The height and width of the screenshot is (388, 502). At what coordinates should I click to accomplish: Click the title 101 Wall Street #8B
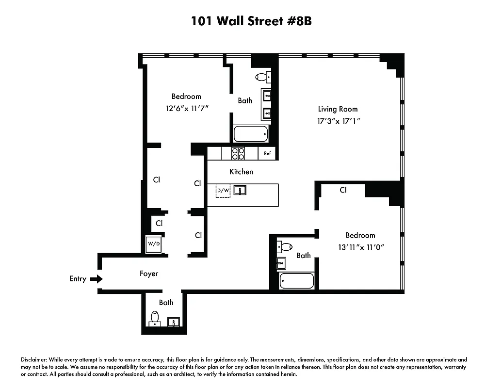(x=251, y=21)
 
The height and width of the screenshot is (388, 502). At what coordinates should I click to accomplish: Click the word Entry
(x=78, y=279)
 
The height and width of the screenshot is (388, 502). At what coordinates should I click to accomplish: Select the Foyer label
(x=149, y=274)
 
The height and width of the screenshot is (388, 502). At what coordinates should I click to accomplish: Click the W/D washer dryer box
(x=154, y=244)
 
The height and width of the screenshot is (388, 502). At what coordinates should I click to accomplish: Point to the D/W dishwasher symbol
(x=223, y=191)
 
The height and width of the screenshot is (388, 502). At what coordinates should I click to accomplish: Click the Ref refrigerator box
(x=267, y=153)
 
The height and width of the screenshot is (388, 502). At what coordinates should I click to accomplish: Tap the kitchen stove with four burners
(x=238, y=153)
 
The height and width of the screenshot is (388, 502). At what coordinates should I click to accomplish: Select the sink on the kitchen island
(x=240, y=190)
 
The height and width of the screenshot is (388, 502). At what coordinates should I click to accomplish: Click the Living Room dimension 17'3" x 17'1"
(x=338, y=121)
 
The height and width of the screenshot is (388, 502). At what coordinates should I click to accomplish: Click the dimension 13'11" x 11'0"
(x=360, y=247)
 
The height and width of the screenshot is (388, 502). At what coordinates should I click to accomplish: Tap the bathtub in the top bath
(x=251, y=133)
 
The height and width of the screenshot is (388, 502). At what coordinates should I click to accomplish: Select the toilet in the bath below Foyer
(x=155, y=318)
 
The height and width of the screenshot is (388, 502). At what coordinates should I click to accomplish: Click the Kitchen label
(x=241, y=172)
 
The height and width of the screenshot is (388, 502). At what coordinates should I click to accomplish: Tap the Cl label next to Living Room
(x=343, y=190)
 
